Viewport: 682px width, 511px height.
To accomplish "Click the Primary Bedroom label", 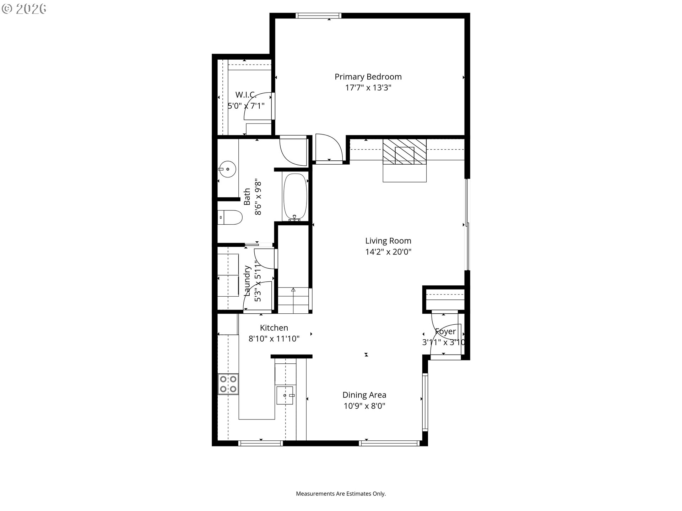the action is coord(368,77).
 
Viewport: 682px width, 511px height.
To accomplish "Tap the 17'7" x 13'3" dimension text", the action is coord(368,88).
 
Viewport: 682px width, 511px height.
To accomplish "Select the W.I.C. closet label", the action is coord(246,95).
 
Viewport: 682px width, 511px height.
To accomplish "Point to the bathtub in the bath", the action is coord(295,197).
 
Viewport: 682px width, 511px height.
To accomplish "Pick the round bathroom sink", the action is coord(227,169).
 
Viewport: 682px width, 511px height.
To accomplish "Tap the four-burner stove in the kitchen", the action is coord(228,384).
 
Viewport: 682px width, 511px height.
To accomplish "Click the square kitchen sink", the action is coord(286,395).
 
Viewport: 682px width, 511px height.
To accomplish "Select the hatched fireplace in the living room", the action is coord(405,152).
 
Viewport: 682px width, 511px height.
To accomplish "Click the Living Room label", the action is coord(388,241).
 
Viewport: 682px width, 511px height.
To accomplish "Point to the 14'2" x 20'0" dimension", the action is coord(388,252).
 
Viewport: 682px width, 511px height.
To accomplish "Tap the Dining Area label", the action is coord(364,395).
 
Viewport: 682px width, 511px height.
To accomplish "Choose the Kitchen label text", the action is coord(274,328).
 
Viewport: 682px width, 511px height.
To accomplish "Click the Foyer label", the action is coord(445,331).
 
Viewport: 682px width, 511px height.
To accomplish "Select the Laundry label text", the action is coord(247,281).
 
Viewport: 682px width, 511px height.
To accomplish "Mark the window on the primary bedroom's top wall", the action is coord(318,15).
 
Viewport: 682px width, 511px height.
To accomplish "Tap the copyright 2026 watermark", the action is coord(24,9).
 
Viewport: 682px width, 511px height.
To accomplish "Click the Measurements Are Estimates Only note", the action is coord(341,494).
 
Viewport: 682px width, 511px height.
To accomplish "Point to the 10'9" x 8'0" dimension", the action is coord(364,406).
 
